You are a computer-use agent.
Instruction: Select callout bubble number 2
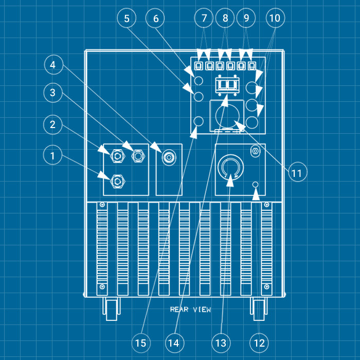[52, 124]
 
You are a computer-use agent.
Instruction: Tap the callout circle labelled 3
[52, 93]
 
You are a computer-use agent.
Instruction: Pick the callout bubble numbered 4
[52, 65]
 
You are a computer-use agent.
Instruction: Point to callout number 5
[127, 19]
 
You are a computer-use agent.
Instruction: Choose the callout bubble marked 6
[156, 19]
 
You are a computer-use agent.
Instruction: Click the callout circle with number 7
[204, 19]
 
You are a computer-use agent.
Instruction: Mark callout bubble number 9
[246, 19]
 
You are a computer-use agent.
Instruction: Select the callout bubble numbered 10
[275, 19]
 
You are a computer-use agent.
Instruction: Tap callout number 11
[296, 173]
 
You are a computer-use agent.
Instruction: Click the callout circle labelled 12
[259, 342]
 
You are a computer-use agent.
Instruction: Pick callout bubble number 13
[220, 342]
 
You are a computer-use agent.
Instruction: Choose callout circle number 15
[141, 342]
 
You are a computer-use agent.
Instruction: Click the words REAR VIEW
[190, 310]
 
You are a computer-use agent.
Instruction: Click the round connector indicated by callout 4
[168, 157]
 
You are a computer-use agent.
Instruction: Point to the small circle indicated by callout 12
[255, 185]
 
